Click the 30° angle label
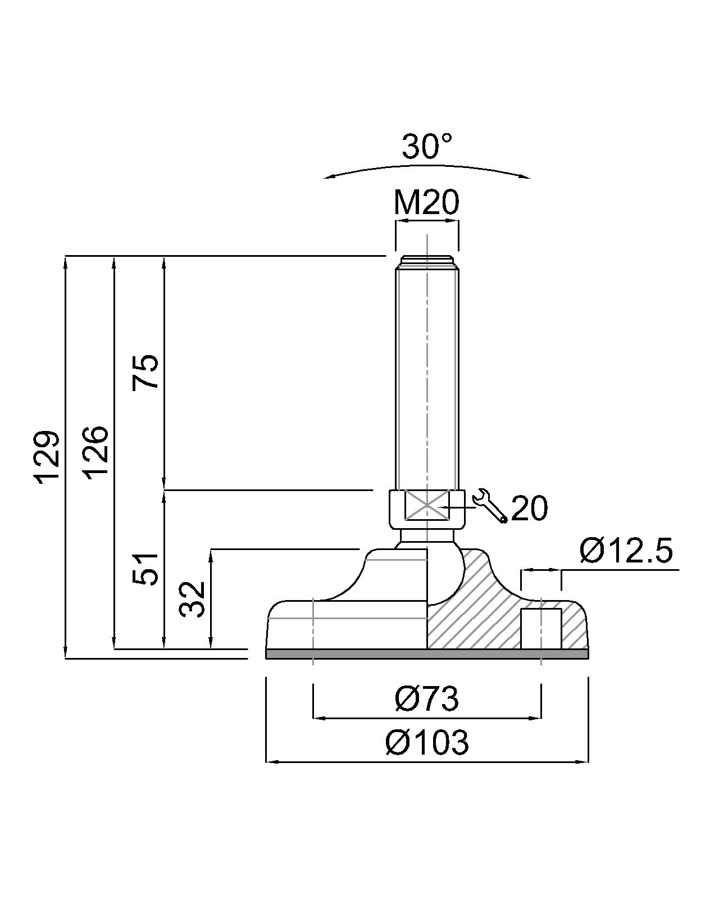coord(427,147)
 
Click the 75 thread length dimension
coord(145,372)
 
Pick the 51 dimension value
coord(145,569)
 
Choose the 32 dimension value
coord(193,599)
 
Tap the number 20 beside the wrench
coord(529,508)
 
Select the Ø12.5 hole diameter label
coord(626,551)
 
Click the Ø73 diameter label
coord(427,698)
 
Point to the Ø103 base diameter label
coord(427,743)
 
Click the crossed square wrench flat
coord(427,506)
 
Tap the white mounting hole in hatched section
coord(541,628)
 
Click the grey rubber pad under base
coord(427,653)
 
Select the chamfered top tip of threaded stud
coord(427,261)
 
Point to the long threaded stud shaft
coord(427,376)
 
